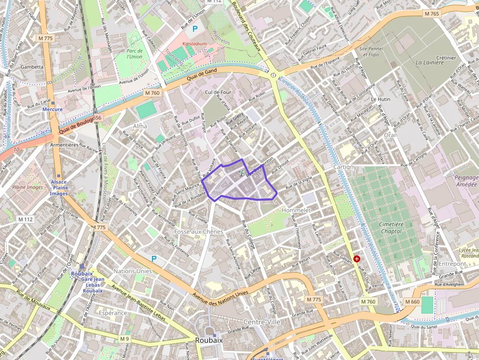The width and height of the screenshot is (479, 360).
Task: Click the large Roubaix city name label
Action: [x=209, y=340]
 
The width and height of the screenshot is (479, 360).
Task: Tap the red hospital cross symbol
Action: [x=357, y=258]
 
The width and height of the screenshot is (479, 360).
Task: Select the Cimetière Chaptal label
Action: [x=391, y=228]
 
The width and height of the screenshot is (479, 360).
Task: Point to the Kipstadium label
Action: [x=195, y=43]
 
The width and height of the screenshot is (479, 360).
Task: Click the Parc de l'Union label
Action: [x=134, y=53]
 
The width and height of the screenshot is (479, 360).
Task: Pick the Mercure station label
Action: [x=52, y=109]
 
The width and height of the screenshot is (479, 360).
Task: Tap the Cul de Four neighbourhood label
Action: [x=218, y=92]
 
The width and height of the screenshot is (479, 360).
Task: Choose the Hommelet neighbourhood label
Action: [x=296, y=210]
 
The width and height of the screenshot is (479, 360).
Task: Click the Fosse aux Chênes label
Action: [x=198, y=231]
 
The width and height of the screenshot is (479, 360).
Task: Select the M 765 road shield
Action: [x=432, y=14]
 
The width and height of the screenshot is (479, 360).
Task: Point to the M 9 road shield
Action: [x=125, y=338]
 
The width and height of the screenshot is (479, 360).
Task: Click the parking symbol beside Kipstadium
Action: [x=195, y=29]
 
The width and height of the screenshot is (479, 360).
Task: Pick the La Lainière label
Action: [x=429, y=63]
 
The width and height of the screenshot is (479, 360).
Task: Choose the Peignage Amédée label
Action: [x=466, y=181]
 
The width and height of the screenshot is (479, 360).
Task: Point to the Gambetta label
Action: [x=32, y=67]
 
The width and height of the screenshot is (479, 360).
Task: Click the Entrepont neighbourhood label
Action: [x=452, y=264]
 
